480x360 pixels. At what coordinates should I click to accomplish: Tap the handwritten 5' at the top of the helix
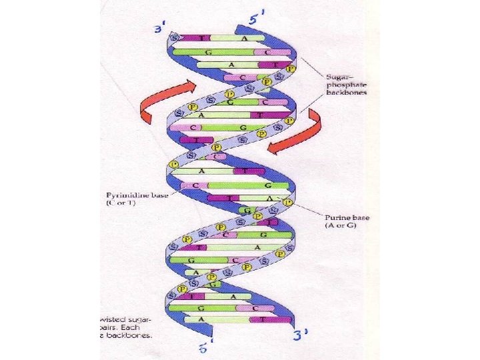click(257, 18)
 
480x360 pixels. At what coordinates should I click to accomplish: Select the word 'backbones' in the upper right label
click(347, 92)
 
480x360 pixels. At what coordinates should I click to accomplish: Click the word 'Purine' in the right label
click(333, 217)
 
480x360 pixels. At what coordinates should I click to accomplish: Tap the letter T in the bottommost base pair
click(264, 319)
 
